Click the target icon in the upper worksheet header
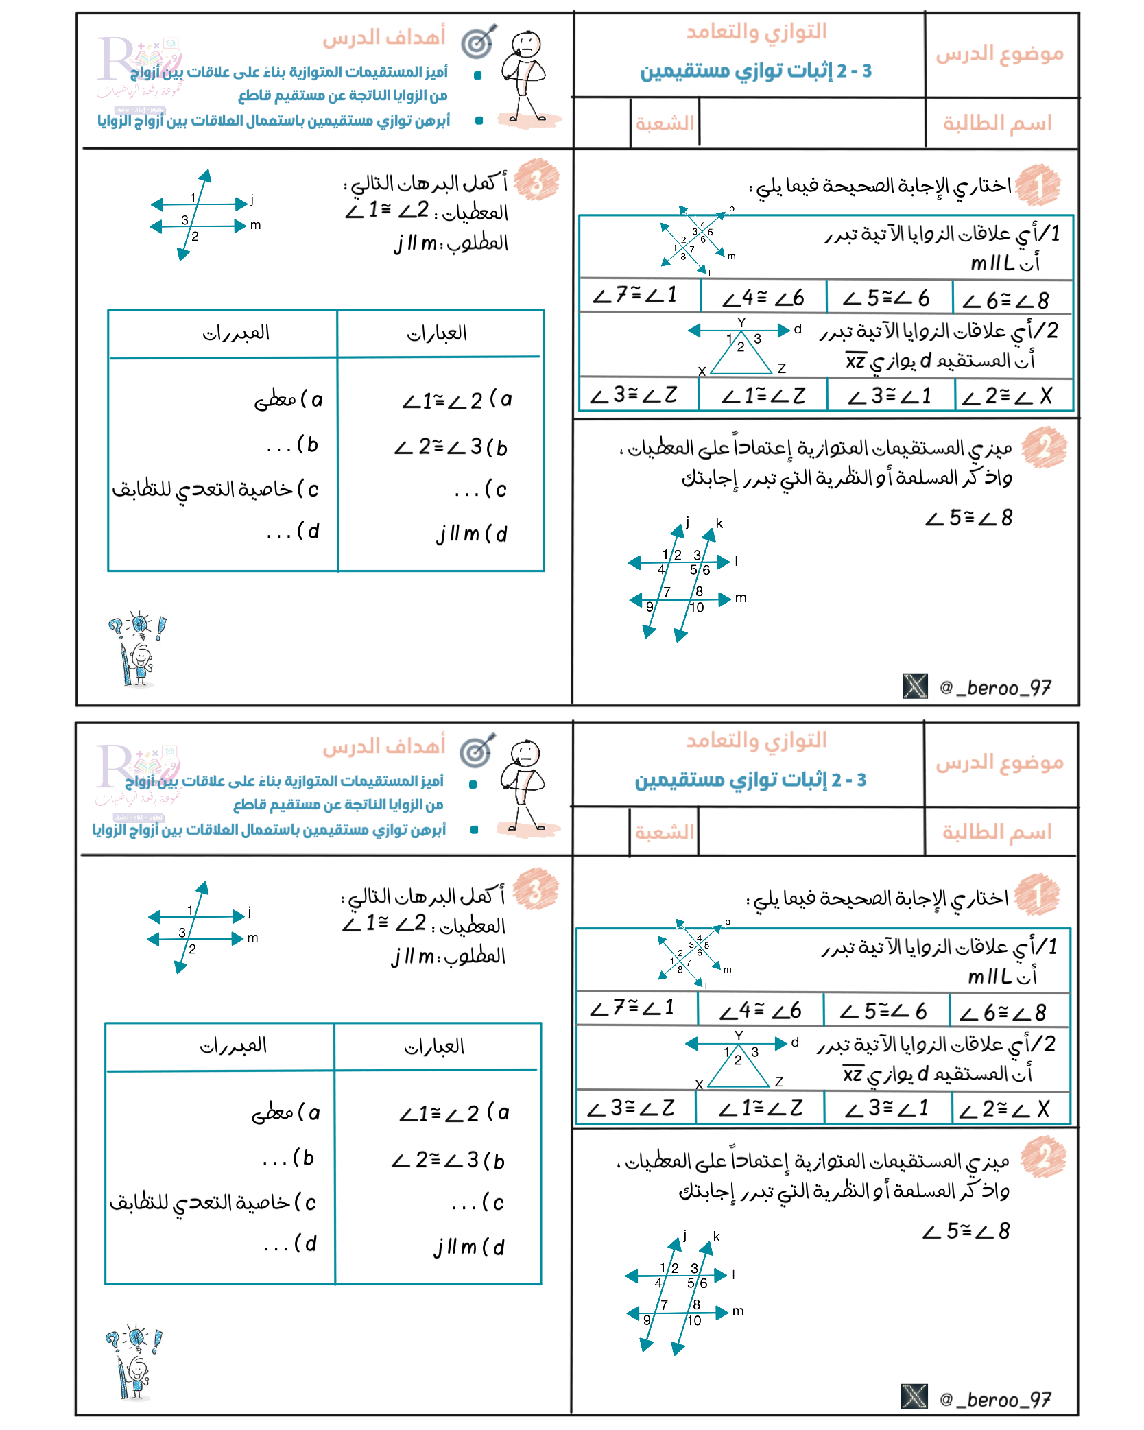478,43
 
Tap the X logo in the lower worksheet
914,1396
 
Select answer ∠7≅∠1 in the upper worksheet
635,296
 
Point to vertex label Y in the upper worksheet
741,322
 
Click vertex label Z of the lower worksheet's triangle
779,1082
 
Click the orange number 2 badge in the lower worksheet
1042,1158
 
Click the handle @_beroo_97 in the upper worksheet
995,687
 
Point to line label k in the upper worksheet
719,523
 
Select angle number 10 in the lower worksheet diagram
694,1320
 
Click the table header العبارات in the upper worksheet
437,334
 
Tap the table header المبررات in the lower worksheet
233,1046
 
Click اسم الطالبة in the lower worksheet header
997,832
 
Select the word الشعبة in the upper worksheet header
664,123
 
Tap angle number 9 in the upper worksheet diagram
650,606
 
